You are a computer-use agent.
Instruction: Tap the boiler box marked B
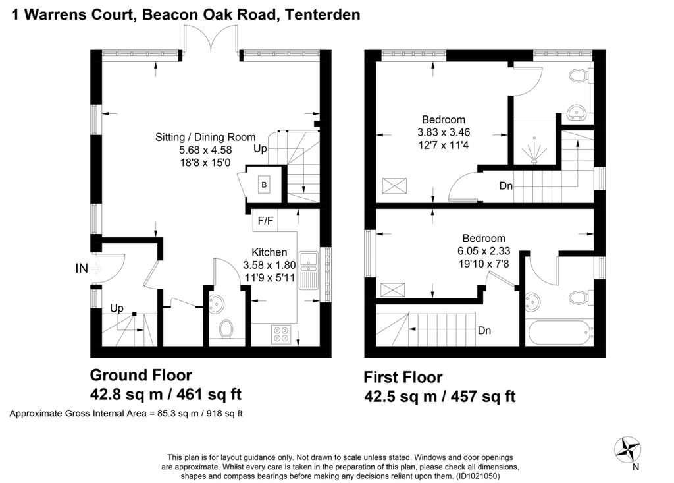point(264,185)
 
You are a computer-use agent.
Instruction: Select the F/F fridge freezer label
point(265,221)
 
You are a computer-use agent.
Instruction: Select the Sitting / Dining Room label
point(205,137)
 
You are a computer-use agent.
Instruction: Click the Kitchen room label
point(269,252)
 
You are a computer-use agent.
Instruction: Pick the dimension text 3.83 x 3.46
point(444,132)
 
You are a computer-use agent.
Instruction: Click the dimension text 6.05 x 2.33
point(484,250)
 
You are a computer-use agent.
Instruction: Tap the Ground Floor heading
point(141,375)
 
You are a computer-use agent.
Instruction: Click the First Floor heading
point(403,377)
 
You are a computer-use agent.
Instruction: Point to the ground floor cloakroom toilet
point(226,329)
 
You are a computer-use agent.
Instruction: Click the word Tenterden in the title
point(323,14)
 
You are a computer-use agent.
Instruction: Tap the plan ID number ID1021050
point(477,476)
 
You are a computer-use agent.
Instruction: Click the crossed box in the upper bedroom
point(394,186)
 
